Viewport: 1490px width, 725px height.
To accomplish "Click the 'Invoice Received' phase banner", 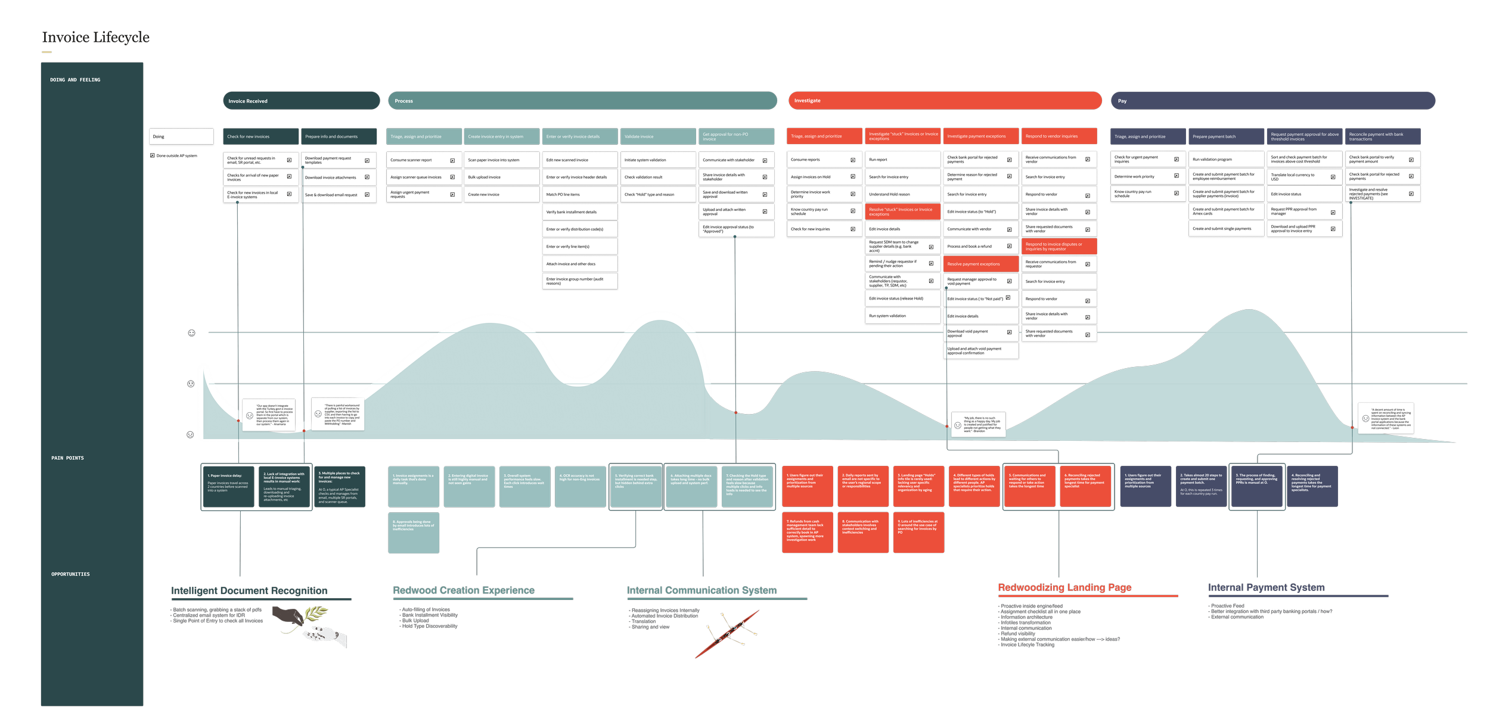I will [x=301, y=101].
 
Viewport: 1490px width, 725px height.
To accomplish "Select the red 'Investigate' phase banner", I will [x=945, y=101].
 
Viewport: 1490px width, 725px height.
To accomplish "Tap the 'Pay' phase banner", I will [x=1272, y=101].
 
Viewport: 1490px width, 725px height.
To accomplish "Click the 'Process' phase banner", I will [x=582, y=101].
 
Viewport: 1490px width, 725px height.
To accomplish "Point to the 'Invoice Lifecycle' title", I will [x=95, y=38].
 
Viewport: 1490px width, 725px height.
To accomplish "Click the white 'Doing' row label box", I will [x=181, y=136].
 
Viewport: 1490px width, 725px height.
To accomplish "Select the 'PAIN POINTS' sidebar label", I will [x=67, y=458].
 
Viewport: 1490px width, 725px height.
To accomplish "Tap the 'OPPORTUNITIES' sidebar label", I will [x=70, y=574].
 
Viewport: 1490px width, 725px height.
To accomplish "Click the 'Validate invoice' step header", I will [x=658, y=136].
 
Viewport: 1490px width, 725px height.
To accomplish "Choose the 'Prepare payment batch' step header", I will [x=1226, y=136].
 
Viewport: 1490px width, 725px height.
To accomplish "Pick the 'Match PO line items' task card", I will [x=580, y=194].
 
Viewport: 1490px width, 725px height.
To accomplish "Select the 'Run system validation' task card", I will [x=902, y=316].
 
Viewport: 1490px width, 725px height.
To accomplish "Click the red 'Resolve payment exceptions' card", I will [x=980, y=264].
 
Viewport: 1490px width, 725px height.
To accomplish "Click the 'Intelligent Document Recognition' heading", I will [x=249, y=591].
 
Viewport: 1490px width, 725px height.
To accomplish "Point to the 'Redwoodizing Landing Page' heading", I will [x=1064, y=587].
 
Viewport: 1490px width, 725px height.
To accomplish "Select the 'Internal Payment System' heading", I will [x=1266, y=587].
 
